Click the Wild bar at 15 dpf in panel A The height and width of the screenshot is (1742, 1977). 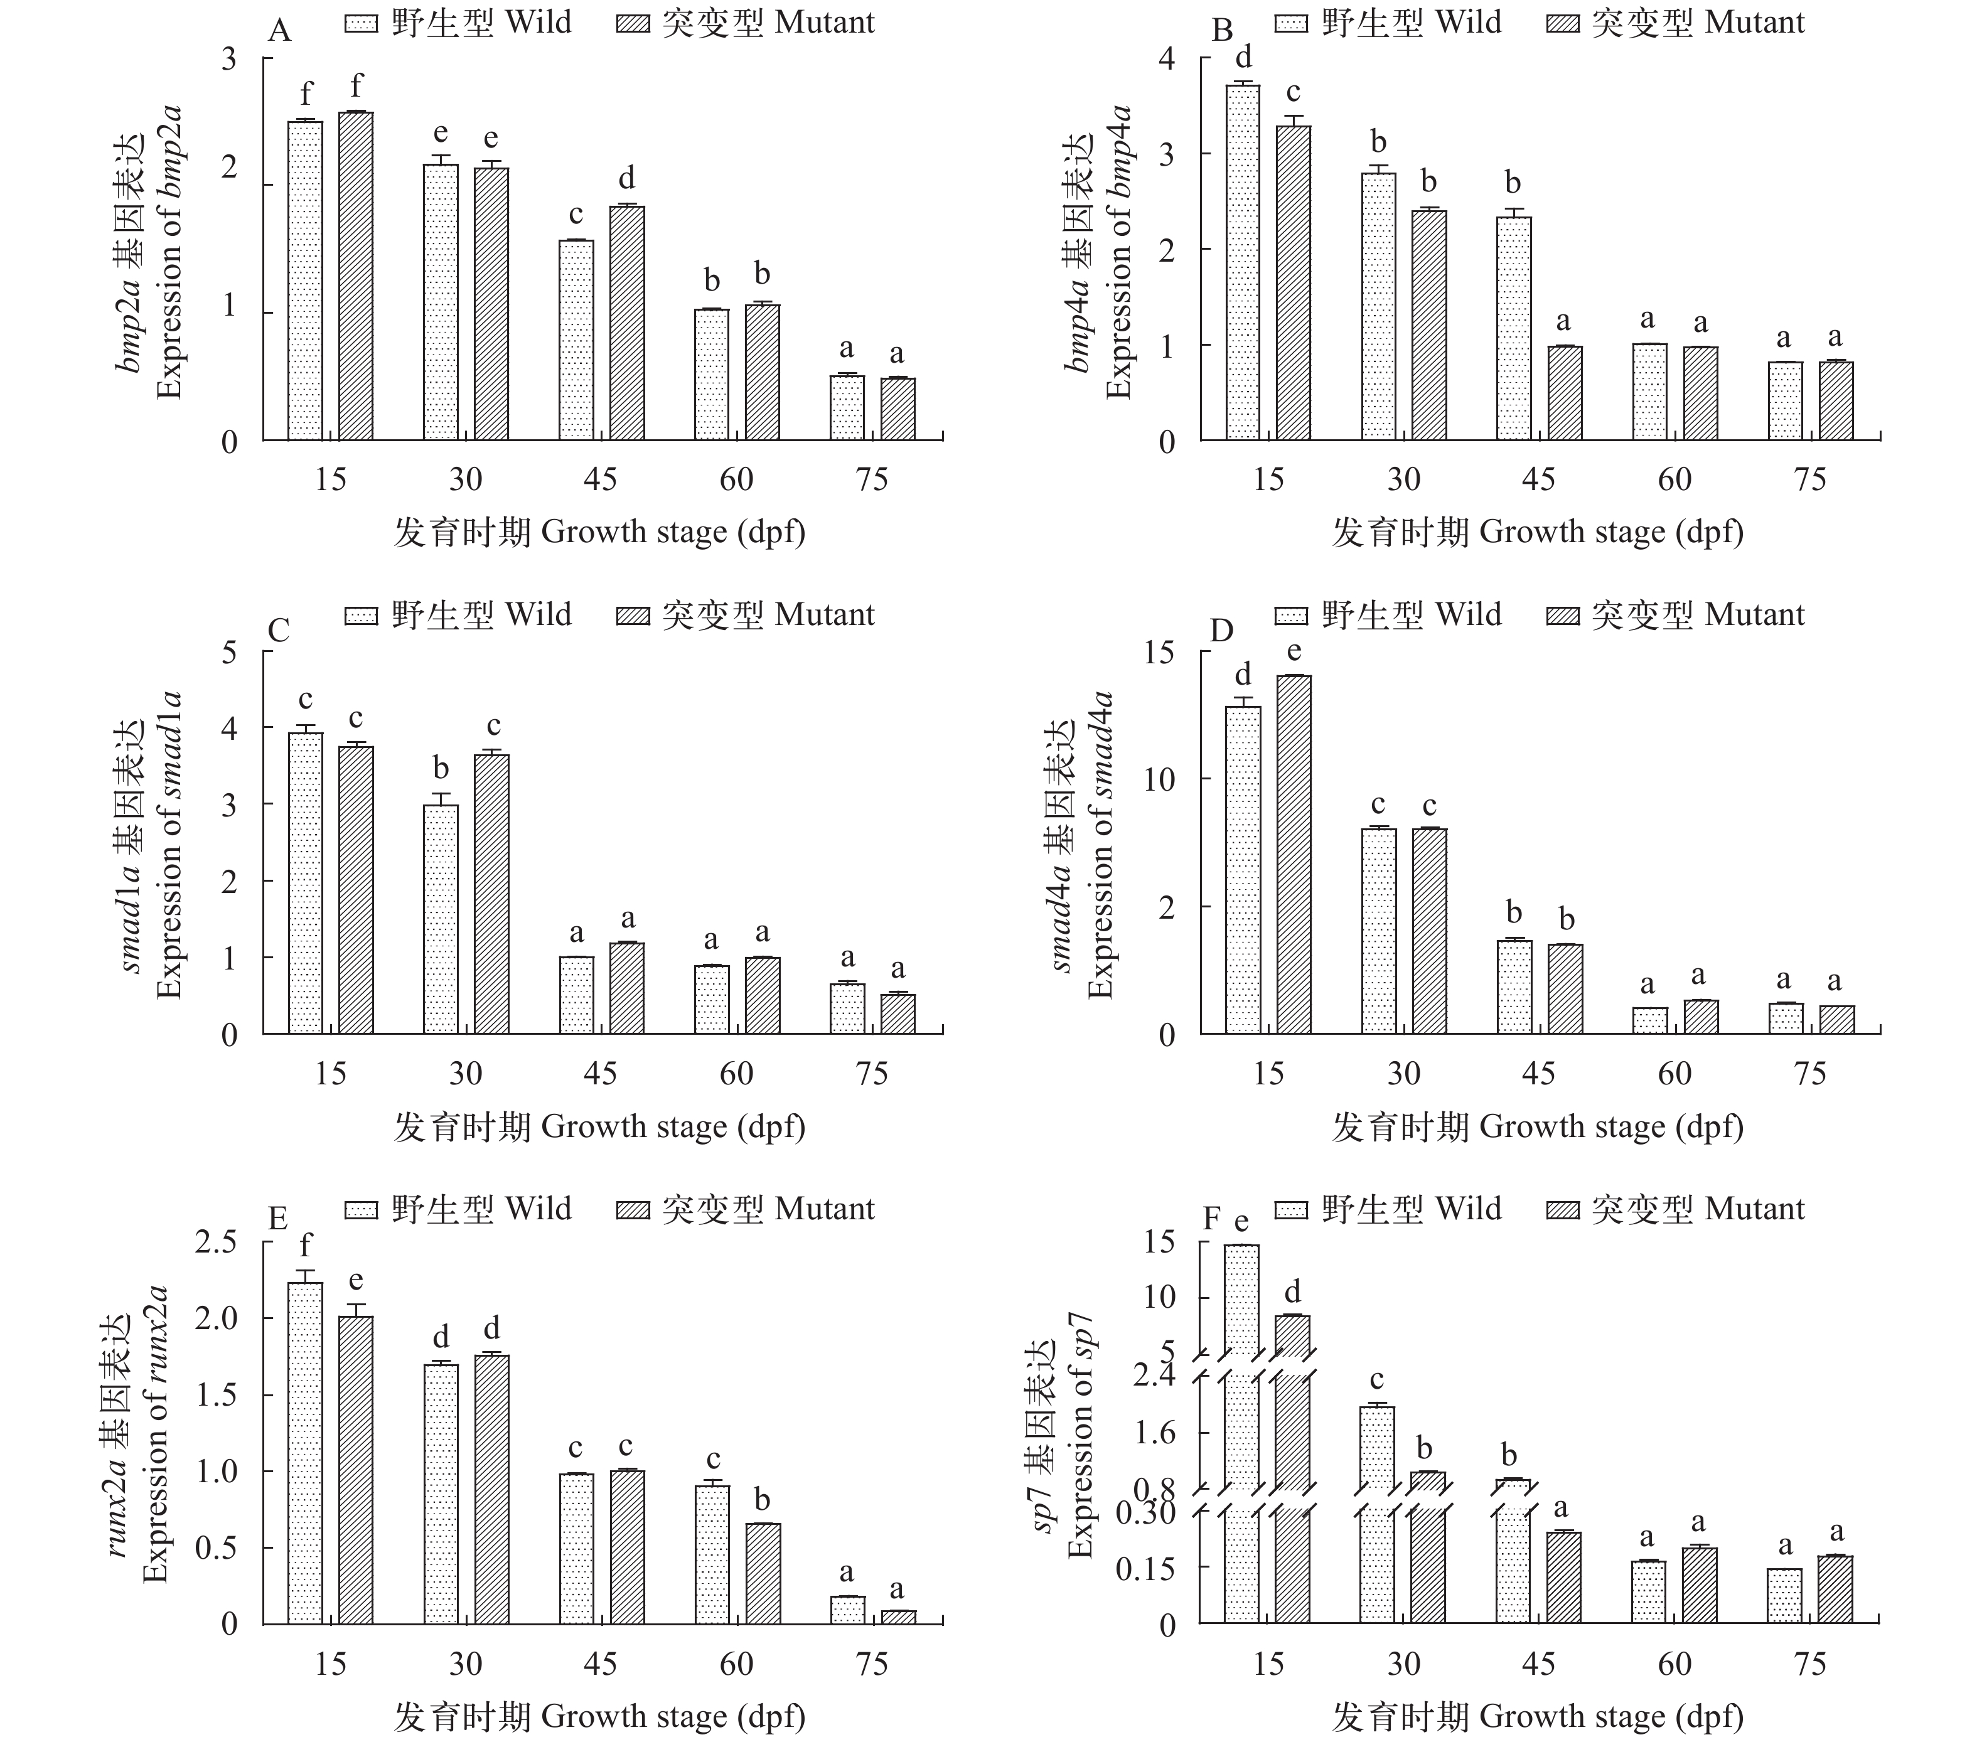coord(306,281)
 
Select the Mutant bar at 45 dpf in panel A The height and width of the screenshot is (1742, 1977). coord(627,323)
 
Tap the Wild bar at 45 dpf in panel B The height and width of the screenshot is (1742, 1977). coord(1514,329)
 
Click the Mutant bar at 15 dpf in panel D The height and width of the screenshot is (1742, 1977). coord(1294,855)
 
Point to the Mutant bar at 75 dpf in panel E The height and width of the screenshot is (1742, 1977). coord(897,1617)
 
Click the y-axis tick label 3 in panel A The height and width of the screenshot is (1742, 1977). coord(229,60)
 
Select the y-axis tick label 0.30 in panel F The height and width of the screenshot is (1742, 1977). coord(1144,1512)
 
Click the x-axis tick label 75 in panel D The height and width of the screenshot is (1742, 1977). coord(1809,1074)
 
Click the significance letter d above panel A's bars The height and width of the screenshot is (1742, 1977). coord(627,178)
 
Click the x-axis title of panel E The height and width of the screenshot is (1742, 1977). coord(599,1717)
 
